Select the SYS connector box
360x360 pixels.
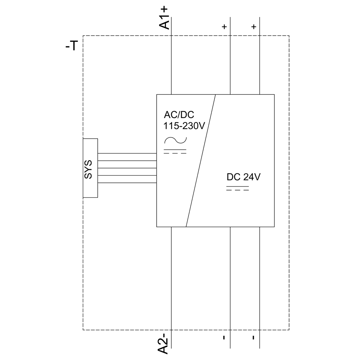click(x=90, y=168)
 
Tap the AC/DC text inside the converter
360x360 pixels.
click(x=179, y=115)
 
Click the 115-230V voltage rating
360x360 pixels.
click(x=184, y=126)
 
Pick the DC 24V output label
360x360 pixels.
click(x=243, y=177)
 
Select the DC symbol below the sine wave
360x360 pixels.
click(x=175, y=151)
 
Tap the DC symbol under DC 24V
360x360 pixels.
click(x=238, y=188)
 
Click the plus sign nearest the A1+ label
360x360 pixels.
click(x=224, y=27)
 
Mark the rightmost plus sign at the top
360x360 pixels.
click(x=254, y=27)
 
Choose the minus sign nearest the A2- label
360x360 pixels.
click(x=224, y=337)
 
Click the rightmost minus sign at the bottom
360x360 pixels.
click(x=254, y=337)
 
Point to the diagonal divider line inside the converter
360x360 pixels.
click(x=201, y=161)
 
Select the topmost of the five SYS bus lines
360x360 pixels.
click(x=127, y=153)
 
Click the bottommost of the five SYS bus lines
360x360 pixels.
click(x=127, y=183)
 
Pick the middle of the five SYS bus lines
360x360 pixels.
click(x=127, y=168)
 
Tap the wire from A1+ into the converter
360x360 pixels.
click(x=171, y=65)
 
